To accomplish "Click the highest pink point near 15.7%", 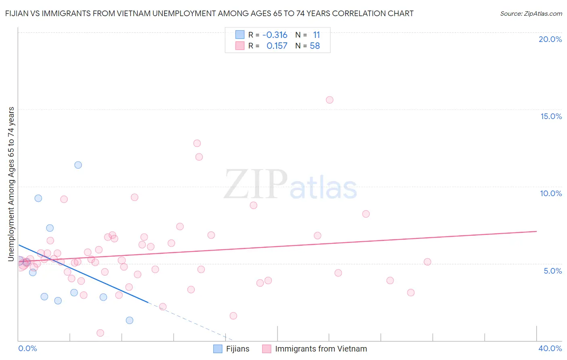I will (329, 100).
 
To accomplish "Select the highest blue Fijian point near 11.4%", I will (78, 165).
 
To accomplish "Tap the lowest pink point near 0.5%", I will (100, 333).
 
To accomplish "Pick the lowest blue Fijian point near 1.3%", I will (129, 320).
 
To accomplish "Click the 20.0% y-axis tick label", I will (550, 40).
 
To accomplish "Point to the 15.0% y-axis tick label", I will (551, 117).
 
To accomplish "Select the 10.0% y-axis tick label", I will (551, 194).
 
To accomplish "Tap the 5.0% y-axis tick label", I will (552, 271).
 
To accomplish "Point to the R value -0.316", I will (275, 35).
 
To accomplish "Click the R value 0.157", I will (277, 46).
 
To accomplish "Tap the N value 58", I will (315, 46).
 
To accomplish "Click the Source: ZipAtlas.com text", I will (531, 14).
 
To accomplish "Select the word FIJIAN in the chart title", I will (17, 14).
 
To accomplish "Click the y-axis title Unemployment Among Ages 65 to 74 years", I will (11, 184).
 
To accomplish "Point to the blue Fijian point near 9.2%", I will (38, 198).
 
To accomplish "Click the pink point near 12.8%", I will (197, 143).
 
